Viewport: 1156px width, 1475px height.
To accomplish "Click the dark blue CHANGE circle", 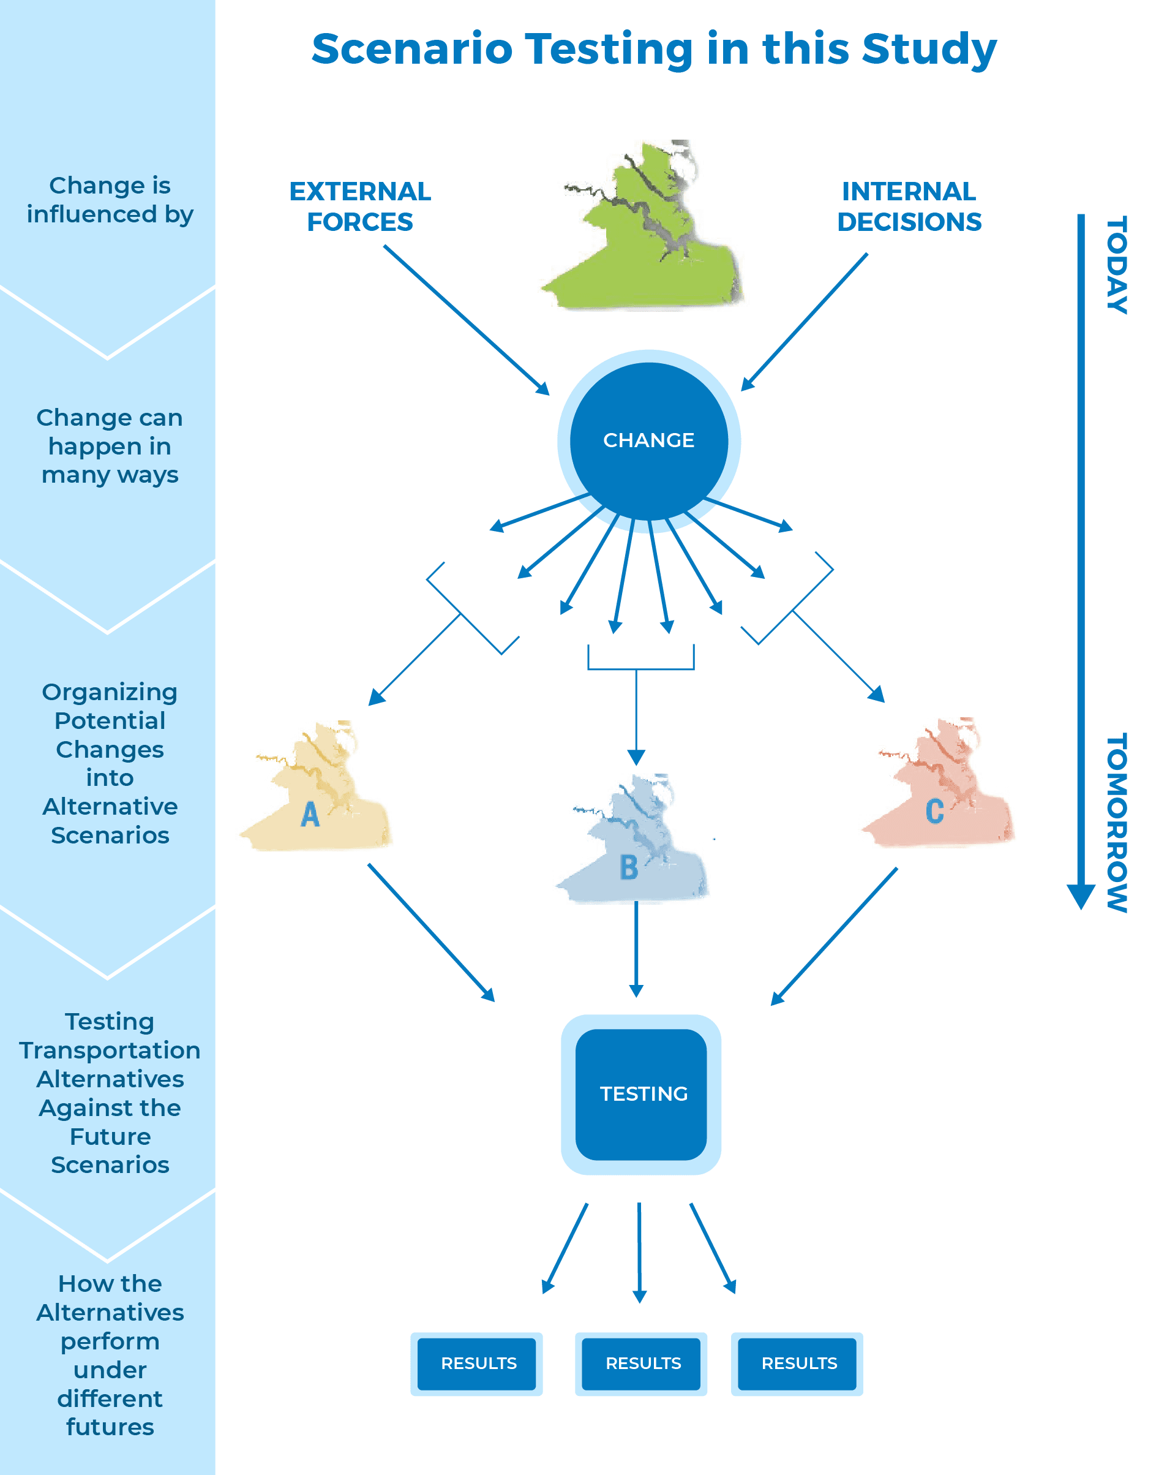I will (648, 440).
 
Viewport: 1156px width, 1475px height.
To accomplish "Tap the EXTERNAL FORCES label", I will (360, 206).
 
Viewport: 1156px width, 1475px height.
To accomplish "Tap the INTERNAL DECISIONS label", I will (909, 206).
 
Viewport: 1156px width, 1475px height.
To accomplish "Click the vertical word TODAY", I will (1117, 265).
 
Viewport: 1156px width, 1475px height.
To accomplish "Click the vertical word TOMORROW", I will (1117, 822).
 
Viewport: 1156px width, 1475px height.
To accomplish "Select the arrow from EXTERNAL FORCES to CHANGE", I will (467, 320).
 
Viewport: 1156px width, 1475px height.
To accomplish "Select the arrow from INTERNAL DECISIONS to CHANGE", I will (805, 322).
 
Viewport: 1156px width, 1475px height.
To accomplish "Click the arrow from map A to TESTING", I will (431, 932).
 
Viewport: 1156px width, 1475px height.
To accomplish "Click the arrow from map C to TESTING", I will (835, 936).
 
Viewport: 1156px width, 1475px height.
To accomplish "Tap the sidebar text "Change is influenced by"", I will (110, 200).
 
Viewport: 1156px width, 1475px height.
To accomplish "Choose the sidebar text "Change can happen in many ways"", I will (110, 446).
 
